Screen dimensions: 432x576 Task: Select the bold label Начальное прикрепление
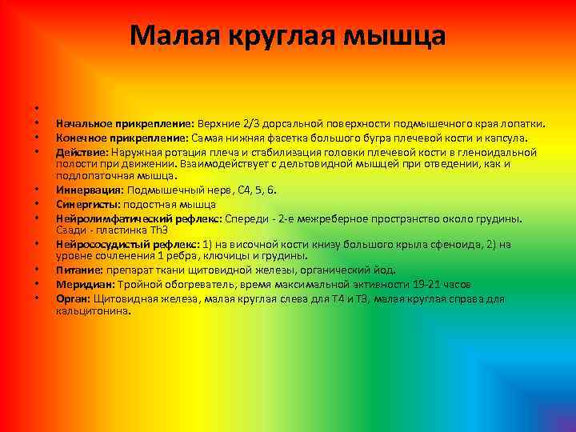[x=125, y=124]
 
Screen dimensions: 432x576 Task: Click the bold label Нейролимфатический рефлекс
[x=139, y=218]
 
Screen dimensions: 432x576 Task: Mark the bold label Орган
[x=73, y=298]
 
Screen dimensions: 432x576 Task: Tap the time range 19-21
[x=424, y=284]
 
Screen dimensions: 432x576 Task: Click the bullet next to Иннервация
[x=37, y=190]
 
